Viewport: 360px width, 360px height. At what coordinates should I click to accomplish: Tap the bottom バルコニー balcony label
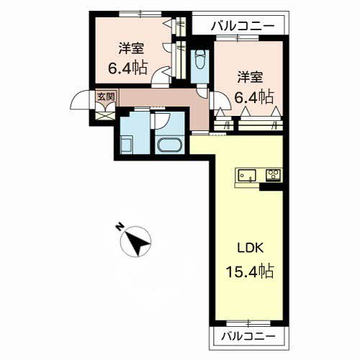coord(248,335)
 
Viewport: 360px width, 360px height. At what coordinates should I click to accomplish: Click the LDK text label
coord(251,248)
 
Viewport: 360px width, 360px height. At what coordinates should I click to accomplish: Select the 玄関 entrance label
coord(104,95)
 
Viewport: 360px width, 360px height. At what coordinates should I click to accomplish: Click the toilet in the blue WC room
coord(199,62)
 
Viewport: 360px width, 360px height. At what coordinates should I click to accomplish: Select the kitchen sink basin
coord(246,174)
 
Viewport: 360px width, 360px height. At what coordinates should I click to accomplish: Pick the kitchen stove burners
coord(273,174)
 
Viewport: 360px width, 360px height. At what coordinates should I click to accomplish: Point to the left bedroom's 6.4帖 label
coord(128,68)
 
